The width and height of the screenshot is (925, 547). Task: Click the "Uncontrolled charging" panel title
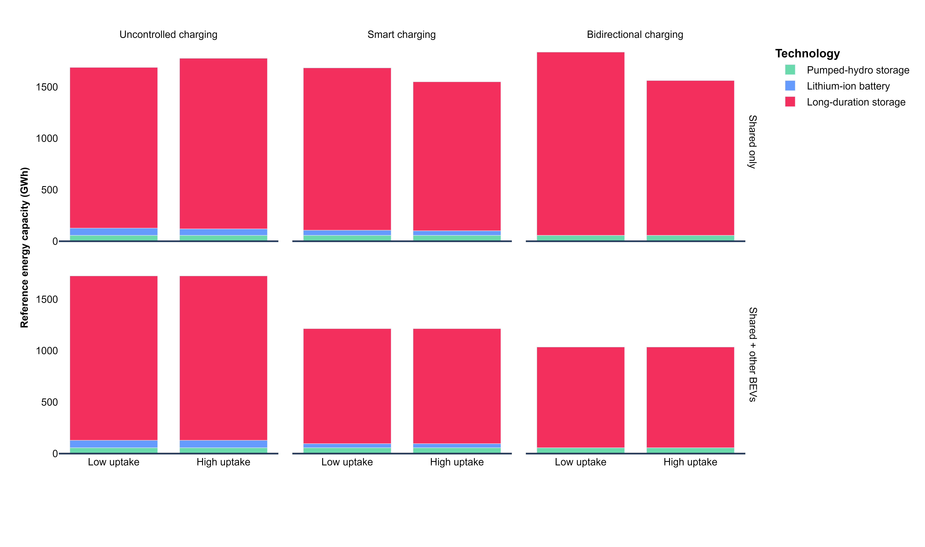pyautogui.click(x=168, y=35)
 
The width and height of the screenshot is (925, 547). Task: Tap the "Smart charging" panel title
pyautogui.click(x=401, y=35)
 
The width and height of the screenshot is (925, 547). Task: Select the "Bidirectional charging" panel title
pyautogui.click(x=635, y=35)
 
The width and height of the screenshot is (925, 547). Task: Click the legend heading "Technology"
pyautogui.click(x=808, y=53)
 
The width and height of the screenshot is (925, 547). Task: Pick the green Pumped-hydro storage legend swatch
pyautogui.click(x=790, y=70)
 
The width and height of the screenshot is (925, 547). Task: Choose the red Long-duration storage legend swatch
pyautogui.click(x=790, y=102)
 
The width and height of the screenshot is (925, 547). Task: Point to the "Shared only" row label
pyautogui.click(x=752, y=142)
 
